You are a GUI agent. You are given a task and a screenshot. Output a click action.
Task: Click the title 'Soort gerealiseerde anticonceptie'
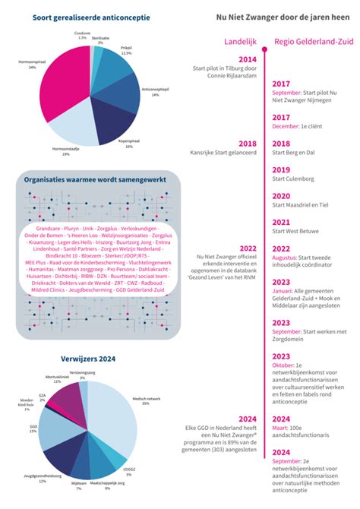click(x=91, y=16)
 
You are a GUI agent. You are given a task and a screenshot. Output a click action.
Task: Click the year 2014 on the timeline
click(x=247, y=59)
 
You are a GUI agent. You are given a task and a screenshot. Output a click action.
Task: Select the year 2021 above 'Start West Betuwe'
click(x=281, y=222)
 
